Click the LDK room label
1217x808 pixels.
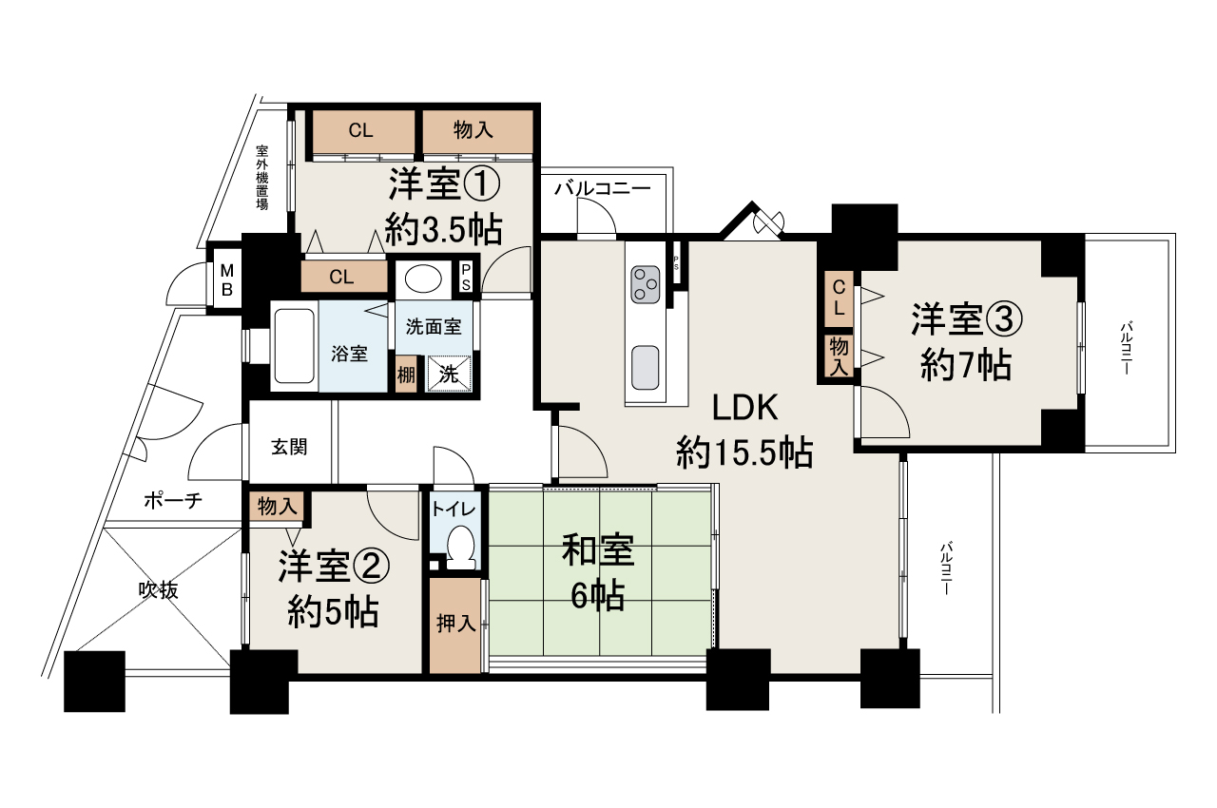[x=746, y=409]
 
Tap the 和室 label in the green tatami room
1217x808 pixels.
[x=597, y=551]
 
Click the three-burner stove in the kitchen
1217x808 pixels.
[x=645, y=283]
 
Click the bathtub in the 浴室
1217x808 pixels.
[x=294, y=346]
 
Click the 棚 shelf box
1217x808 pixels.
[x=406, y=374]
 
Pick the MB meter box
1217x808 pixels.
[x=227, y=279]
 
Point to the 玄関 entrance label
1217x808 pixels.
[x=288, y=447]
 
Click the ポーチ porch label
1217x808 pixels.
[x=172, y=501]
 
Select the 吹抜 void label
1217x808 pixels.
[x=157, y=589]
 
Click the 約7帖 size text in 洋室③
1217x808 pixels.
[x=965, y=365]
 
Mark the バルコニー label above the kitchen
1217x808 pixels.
[x=602, y=189]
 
